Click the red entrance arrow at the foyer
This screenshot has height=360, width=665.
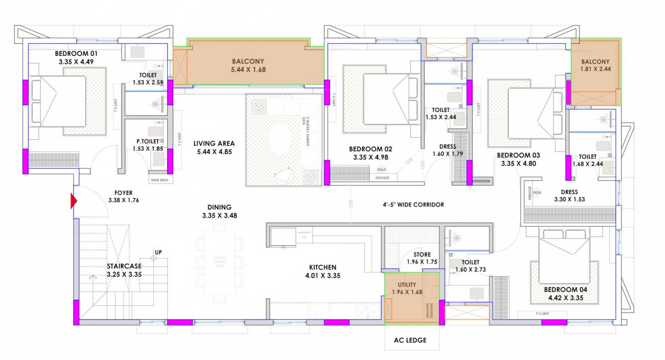(x=74, y=201)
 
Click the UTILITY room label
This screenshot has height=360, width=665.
(x=407, y=284)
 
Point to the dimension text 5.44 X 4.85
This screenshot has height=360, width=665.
(x=213, y=152)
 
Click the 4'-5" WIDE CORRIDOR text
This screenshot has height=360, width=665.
(x=410, y=204)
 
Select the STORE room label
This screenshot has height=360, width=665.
(x=422, y=254)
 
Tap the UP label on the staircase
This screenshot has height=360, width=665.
(x=158, y=252)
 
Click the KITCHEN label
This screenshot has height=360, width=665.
(x=323, y=267)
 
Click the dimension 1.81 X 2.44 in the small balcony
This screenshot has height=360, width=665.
(x=595, y=69)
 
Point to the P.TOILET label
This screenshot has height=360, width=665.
(x=147, y=141)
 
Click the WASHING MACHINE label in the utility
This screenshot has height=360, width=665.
(x=429, y=311)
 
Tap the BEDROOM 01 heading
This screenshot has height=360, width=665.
(x=76, y=54)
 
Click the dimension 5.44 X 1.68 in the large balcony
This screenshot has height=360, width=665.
(x=248, y=70)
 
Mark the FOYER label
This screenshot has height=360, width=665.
(x=123, y=192)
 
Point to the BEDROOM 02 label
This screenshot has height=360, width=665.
(x=370, y=149)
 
